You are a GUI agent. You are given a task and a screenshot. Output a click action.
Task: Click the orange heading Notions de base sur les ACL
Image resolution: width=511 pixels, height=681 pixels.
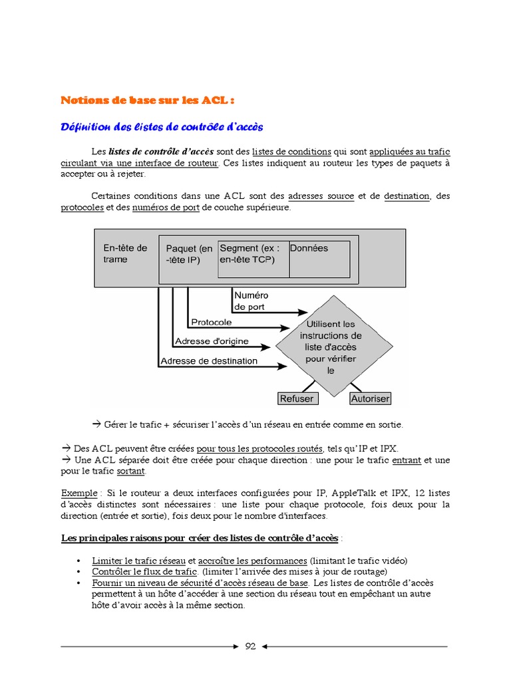(x=148, y=100)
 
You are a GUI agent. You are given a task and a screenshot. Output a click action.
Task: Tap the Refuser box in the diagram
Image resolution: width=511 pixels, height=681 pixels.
(x=296, y=398)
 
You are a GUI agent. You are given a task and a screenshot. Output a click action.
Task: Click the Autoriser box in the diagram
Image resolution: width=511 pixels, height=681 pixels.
(x=370, y=398)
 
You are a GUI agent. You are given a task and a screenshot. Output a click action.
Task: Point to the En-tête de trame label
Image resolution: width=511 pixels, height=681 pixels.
(x=125, y=253)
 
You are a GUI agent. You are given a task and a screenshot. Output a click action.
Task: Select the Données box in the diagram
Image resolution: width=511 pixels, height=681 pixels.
(x=318, y=258)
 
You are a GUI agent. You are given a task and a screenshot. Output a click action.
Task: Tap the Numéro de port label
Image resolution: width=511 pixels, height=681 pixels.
(x=250, y=301)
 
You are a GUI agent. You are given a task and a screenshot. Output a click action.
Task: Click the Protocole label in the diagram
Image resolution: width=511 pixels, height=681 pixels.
(x=212, y=322)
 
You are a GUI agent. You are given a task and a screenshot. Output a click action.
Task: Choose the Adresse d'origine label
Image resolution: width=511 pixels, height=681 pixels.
(x=211, y=341)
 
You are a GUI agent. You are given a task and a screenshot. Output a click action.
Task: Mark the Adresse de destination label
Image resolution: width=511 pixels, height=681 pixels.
(x=208, y=361)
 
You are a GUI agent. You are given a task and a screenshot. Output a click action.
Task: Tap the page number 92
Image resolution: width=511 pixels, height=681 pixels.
(x=251, y=646)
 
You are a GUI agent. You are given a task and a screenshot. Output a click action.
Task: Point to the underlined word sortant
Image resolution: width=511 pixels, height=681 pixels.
(x=130, y=471)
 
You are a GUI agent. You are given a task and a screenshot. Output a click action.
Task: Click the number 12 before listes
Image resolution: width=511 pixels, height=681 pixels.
(x=419, y=493)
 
